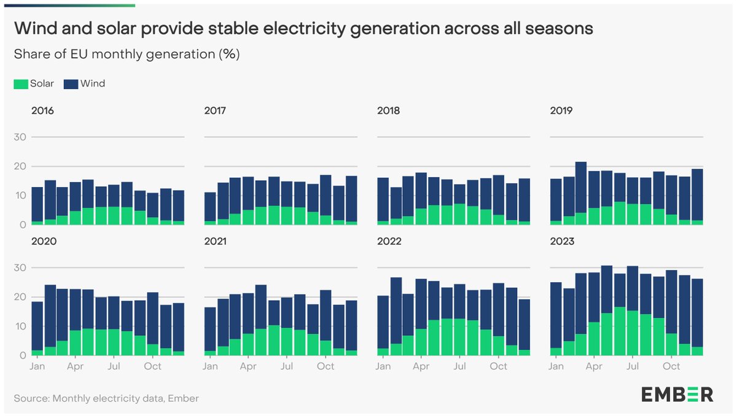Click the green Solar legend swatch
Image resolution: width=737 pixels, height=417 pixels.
pyautogui.click(x=21, y=84)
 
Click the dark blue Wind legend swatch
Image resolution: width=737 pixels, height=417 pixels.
pyautogui.click(x=71, y=84)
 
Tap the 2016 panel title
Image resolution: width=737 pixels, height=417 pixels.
pyautogui.click(x=42, y=111)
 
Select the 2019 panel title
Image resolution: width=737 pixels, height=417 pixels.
pyautogui.click(x=561, y=111)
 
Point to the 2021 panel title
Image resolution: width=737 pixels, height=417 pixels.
pyautogui.click(x=215, y=242)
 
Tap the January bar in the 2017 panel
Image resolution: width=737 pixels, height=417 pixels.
pyautogui.click(x=210, y=208)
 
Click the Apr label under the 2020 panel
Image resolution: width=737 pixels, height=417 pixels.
pyautogui.click(x=75, y=366)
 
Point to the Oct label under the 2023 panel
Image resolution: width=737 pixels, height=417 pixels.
pyautogui.click(x=671, y=366)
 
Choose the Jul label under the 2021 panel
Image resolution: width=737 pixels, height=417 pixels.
pyautogui.click(x=286, y=366)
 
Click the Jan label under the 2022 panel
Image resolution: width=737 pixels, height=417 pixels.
pyautogui.click(x=383, y=366)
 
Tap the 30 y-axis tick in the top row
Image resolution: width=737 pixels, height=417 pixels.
pyautogui.click(x=20, y=137)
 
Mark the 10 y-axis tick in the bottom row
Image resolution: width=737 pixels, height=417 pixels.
pyautogui.click(x=20, y=327)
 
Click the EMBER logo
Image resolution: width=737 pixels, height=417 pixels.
pyautogui.click(x=677, y=394)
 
